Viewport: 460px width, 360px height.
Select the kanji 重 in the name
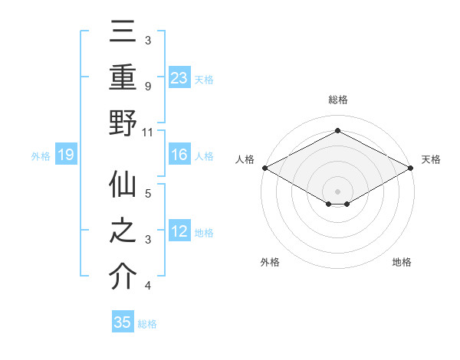click(x=123, y=77)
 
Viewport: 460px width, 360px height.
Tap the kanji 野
click(x=123, y=123)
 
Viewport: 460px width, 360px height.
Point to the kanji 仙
click(x=123, y=186)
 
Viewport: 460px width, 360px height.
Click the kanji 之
click(x=123, y=232)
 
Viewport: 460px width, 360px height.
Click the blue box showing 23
click(x=179, y=77)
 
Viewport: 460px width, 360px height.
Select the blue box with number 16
click(x=179, y=155)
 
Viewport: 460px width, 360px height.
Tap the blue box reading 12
click(x=179, y=231)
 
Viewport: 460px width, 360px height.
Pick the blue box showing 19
click(x=66, y=155)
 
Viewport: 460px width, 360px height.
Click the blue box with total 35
click(x=123, y=322)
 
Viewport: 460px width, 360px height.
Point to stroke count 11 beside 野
click(x=149, y=132)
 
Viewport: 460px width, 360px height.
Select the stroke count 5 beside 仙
click(x=147, y=194)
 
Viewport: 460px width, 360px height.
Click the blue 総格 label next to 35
click(x=147, y=324)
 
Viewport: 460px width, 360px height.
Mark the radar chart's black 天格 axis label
click(x=431, y=159)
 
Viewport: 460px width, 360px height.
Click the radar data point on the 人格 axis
click(x=264, y=167)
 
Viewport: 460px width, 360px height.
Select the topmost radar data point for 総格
click(x=337, y=131)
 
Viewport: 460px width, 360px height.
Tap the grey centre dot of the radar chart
click(x=337, y=190)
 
